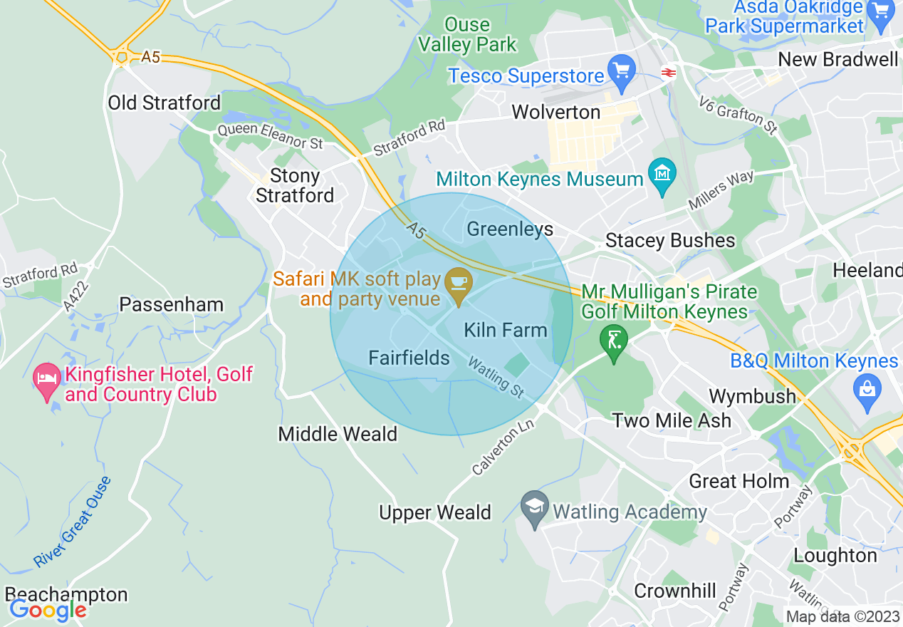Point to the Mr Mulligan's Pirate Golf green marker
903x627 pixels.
(613, 340)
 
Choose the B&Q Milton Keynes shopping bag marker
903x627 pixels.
(867, 390)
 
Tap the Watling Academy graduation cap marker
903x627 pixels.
(535, 507)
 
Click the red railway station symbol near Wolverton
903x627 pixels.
(668, 72)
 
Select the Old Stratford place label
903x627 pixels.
(165, 103)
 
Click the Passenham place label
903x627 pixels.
(171, 305)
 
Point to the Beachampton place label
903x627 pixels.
(66, 594)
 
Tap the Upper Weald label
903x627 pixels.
(434, 513)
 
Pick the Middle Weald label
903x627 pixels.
(338, 434)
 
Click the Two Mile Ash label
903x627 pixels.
(672, 420)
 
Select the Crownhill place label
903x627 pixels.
(675, 591)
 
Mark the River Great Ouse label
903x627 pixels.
(73, 522)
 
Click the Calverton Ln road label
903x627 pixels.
(501, 446)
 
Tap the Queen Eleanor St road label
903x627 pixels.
(270, 136)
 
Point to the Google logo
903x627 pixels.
(47, 610)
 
